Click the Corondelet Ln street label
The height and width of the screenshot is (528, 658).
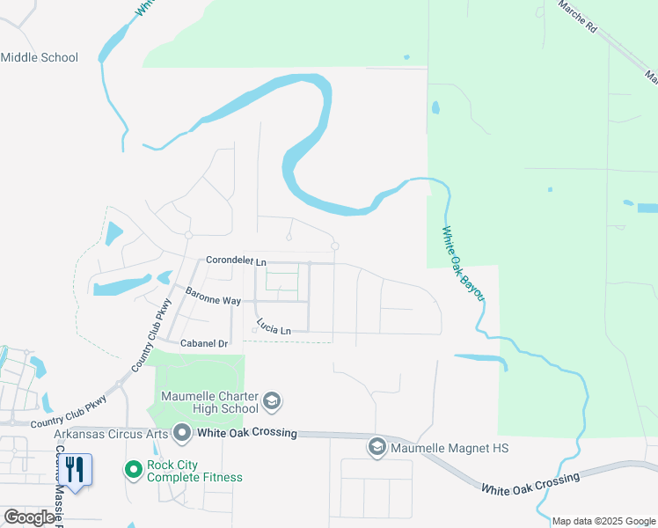pos(235,261)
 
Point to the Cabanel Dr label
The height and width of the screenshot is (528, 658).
pos(203,343)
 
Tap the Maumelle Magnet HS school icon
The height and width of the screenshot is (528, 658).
pos(377,448)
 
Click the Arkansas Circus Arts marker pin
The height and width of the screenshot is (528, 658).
pos(182,433)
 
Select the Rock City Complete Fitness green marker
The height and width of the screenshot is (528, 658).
pos(134,470)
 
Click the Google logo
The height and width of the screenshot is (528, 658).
pos(29,517)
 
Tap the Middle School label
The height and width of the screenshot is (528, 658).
pos(40,58)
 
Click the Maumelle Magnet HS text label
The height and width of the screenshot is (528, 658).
pos(450,448)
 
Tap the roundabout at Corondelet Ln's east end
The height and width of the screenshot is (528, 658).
pos(335,246)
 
